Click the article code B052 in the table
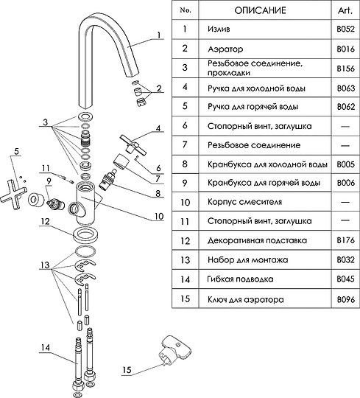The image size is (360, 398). tap(345, 29)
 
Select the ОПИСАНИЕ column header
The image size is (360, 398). tap(260, 10)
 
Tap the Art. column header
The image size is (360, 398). tap(345, 10)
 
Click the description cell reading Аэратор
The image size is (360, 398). tap(225, 49)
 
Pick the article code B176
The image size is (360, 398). tap(345, 240)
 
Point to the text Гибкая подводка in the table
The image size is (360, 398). tap(240, 279)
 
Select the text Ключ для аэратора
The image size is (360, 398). tap(246, 300)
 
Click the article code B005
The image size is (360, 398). tap(345, 164)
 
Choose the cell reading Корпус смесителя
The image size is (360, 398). tap(244, 202)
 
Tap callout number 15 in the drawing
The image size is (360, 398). tap(127, 369)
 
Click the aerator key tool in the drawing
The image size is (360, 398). tap(174, 350)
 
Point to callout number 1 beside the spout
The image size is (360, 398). tap(159, 35)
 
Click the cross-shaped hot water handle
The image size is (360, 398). tap(13, 195)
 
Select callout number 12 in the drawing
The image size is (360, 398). tap(45, 221)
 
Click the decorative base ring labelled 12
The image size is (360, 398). tap(85, 236)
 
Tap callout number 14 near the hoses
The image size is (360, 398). tap(45, 347)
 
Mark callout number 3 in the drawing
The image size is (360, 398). tap(45, 122)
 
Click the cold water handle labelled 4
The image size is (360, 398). tap(133, 145)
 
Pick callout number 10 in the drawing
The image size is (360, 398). tap(159, 216)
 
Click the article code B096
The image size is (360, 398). tap(345, 299)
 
